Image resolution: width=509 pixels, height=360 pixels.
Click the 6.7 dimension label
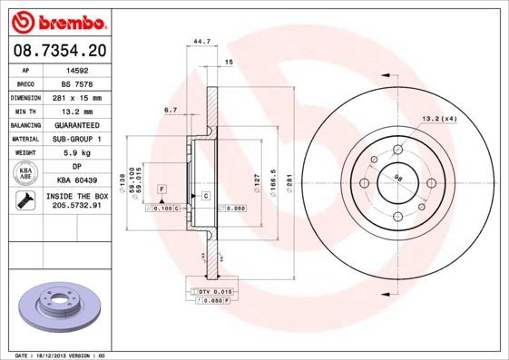[171, 110]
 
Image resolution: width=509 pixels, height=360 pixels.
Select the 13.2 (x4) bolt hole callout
[437, 119]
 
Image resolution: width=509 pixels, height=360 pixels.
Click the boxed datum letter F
[161, 189]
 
